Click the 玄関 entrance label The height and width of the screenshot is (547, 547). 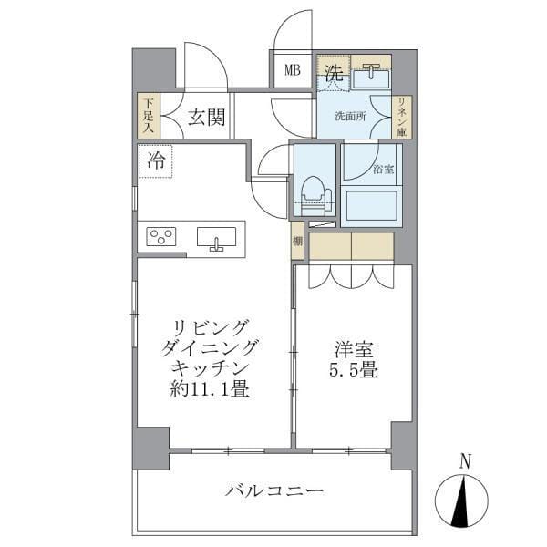(207, 118)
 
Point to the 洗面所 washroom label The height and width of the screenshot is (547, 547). (351, 116)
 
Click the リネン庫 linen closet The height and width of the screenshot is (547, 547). (401, 116)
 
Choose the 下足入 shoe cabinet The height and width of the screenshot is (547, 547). (146, 118)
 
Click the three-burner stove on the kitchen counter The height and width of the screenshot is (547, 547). (161, 238)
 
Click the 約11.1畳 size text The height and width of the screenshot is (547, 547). (210, 390)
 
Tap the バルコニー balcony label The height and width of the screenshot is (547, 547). (274, 492)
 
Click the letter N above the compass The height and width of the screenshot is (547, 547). (465, 462)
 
